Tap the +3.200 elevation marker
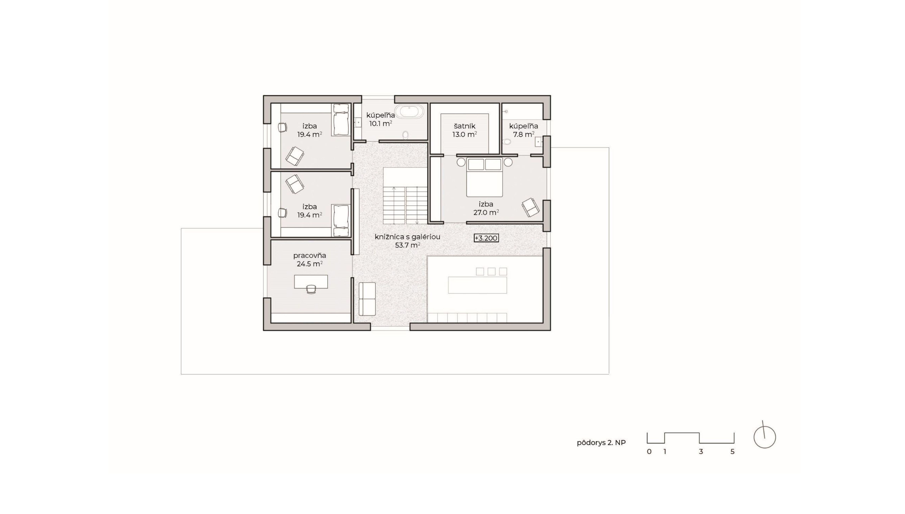[486, 238]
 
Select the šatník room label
[465, 126]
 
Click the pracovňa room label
[309, 256]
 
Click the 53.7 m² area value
[407, 245]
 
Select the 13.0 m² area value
[465, 135]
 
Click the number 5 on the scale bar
[732, 452]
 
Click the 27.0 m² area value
[486, 212]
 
